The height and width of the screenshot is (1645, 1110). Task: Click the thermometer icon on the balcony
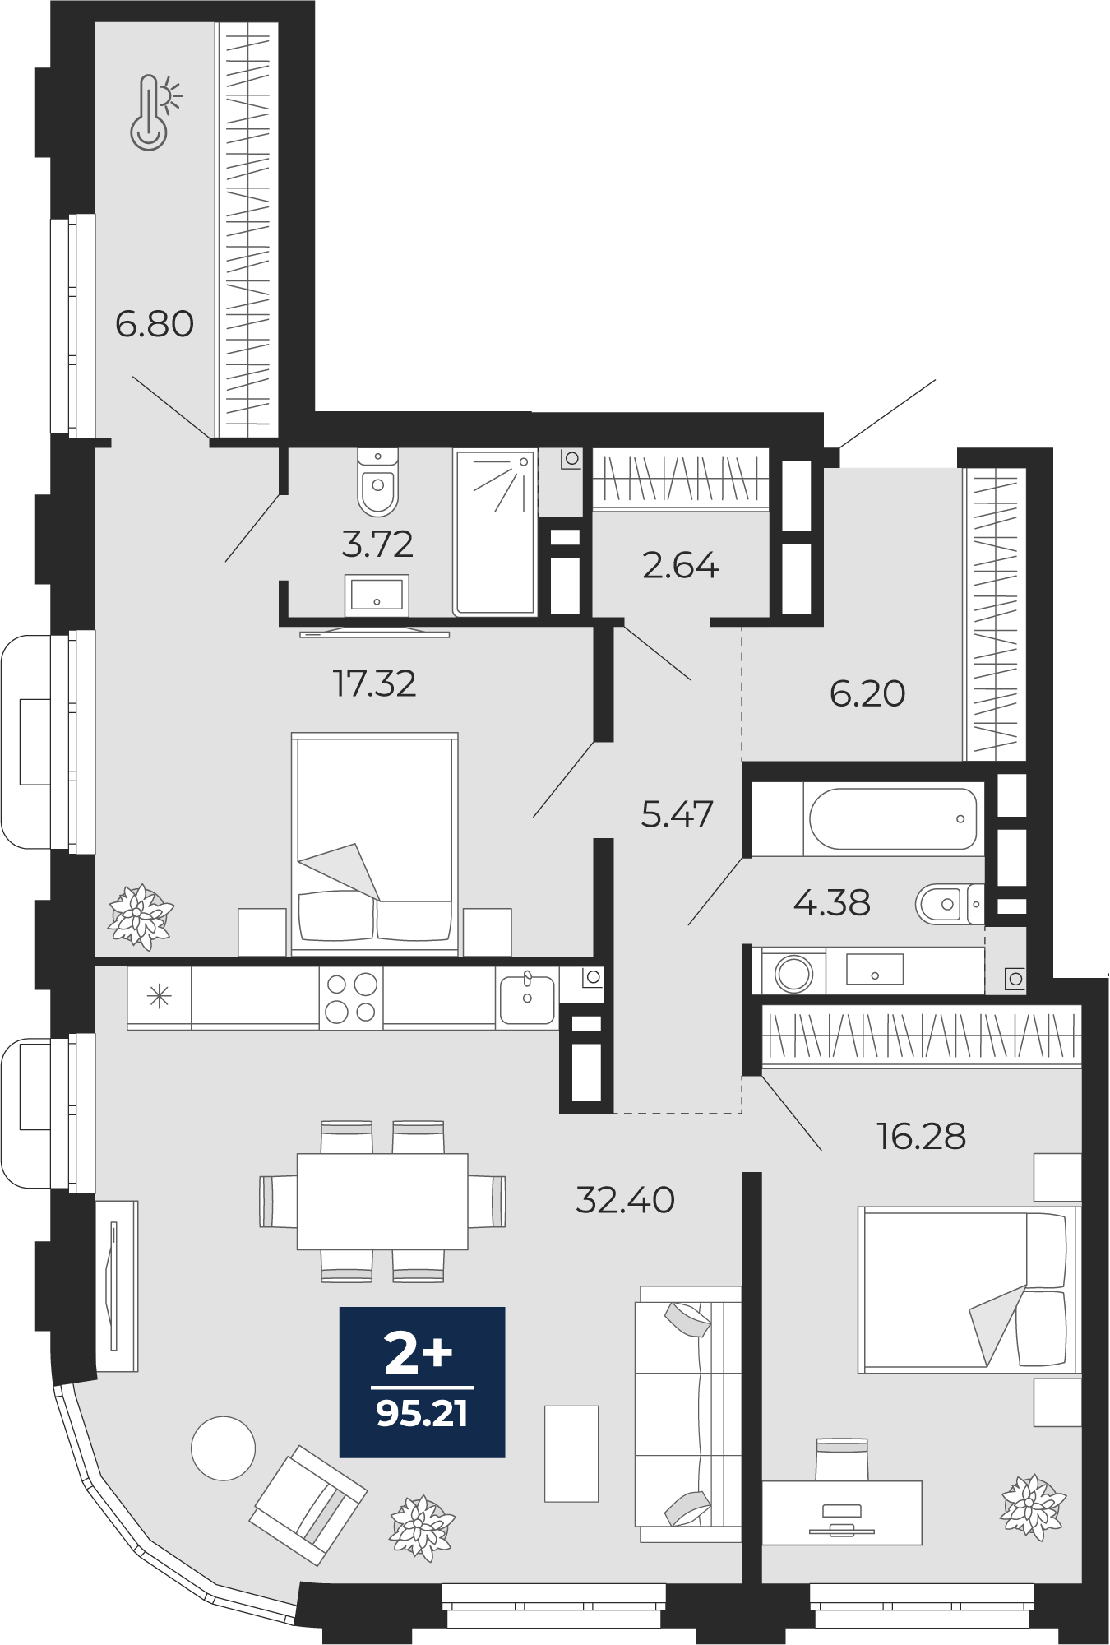pyautogui.click(x=155, y=113)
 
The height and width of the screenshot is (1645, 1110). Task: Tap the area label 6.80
pyautogui.click(x=155, y=324)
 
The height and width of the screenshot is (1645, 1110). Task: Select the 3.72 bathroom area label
pyautogui.click(x=377, y=544)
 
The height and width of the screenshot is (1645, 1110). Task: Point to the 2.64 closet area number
pyautogui.click(x=681, y=566)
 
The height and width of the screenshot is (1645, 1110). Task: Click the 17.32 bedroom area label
pyautogui.click(x=374, y=683)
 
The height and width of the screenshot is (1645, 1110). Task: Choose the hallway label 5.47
pyautogui.click(x=677, y=814)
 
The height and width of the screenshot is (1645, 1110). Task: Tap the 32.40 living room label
pyautogui.click(x=626, y=1200)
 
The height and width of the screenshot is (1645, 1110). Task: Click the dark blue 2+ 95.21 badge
pyautogui.click(x=423, y=1382)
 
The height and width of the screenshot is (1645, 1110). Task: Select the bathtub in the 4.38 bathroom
pyautogui.click(x=893, y=819)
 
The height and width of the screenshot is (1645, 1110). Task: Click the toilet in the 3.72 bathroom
pyautogui.click(x=378, y=481)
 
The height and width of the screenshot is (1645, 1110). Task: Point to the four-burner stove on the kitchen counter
pyautogui.click(x=351, y=998)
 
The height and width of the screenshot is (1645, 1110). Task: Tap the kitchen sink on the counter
pyautogui.click(x=527, y=997)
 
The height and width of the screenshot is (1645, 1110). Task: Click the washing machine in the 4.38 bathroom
pyautogui.click(x=794, y=972)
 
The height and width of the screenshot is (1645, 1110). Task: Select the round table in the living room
pyautogui.click(x=223, y=1448)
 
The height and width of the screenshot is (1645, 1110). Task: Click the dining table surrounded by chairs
pyautogui.click(x=382, y=1201)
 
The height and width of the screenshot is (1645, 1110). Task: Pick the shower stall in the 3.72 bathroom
pyautogui.click(x=495, y=532)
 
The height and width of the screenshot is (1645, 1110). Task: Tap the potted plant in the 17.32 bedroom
pyautogui.click(x=141, y=917)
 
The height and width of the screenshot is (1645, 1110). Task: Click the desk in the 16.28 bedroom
pyautogui.click(x=842, y=1513)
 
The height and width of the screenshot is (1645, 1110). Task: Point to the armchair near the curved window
pyautogui.click(x=308, y=1504)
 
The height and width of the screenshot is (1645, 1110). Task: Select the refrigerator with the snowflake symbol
pyautogui.click(x=159, y=998)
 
